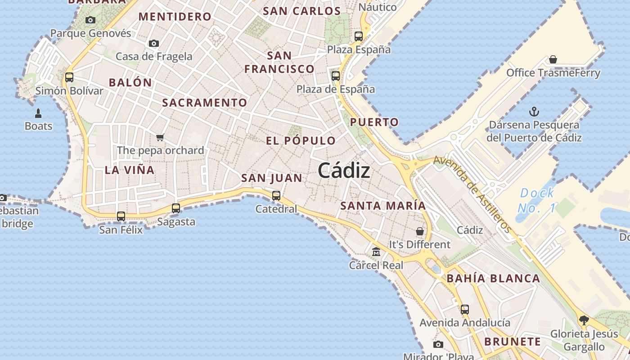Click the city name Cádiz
click(344, 171)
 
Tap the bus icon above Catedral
click(276, 196)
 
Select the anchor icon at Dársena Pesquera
click(534, 111)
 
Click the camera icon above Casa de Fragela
click(154, 44)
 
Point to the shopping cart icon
click(160, 137)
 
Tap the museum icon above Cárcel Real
click(376, 252)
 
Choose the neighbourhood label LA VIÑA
click(130, 170)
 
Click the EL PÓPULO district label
click(301, 141)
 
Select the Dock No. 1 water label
click(536, 201)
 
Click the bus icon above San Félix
click(121, 216)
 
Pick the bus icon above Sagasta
click(176, 208)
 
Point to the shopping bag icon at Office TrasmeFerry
click(553, 60)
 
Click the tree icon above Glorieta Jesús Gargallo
click(584, 320)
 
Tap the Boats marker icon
click(38, 113)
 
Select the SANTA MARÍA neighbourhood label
click(382, 206)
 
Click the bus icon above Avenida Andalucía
click(465, 310)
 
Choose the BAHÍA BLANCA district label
click(493, 279)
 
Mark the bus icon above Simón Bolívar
click(69, 77)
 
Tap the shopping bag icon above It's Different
click(419, 231)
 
